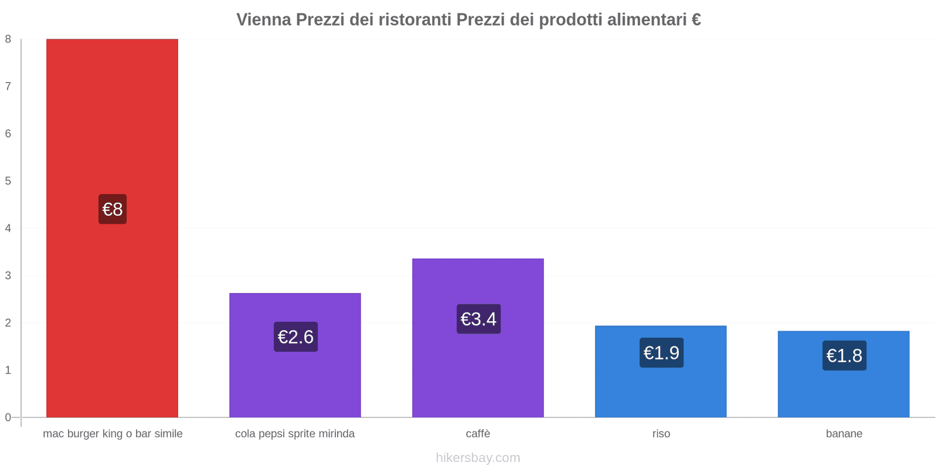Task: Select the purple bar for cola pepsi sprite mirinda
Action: click(295, 381)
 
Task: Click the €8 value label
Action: click(113, 209)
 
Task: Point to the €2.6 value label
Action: click(295, 337)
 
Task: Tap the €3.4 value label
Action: click(478, 320)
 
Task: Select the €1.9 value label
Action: click(661, 353)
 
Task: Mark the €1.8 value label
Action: click(844, 356)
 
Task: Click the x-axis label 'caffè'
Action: click(478, 434)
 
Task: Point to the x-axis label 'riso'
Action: click(661, 434)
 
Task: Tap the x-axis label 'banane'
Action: click(844, 434)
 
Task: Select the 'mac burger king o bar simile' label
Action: click(113, 434)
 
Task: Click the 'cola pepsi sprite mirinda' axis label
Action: click(295, 434)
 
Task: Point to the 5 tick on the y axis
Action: click(8, 181)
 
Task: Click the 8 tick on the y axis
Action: click(8, 39)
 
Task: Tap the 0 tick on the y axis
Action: click(8, 417)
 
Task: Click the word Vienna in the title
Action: click(264, 20)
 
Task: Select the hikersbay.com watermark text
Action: click(478, 458)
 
